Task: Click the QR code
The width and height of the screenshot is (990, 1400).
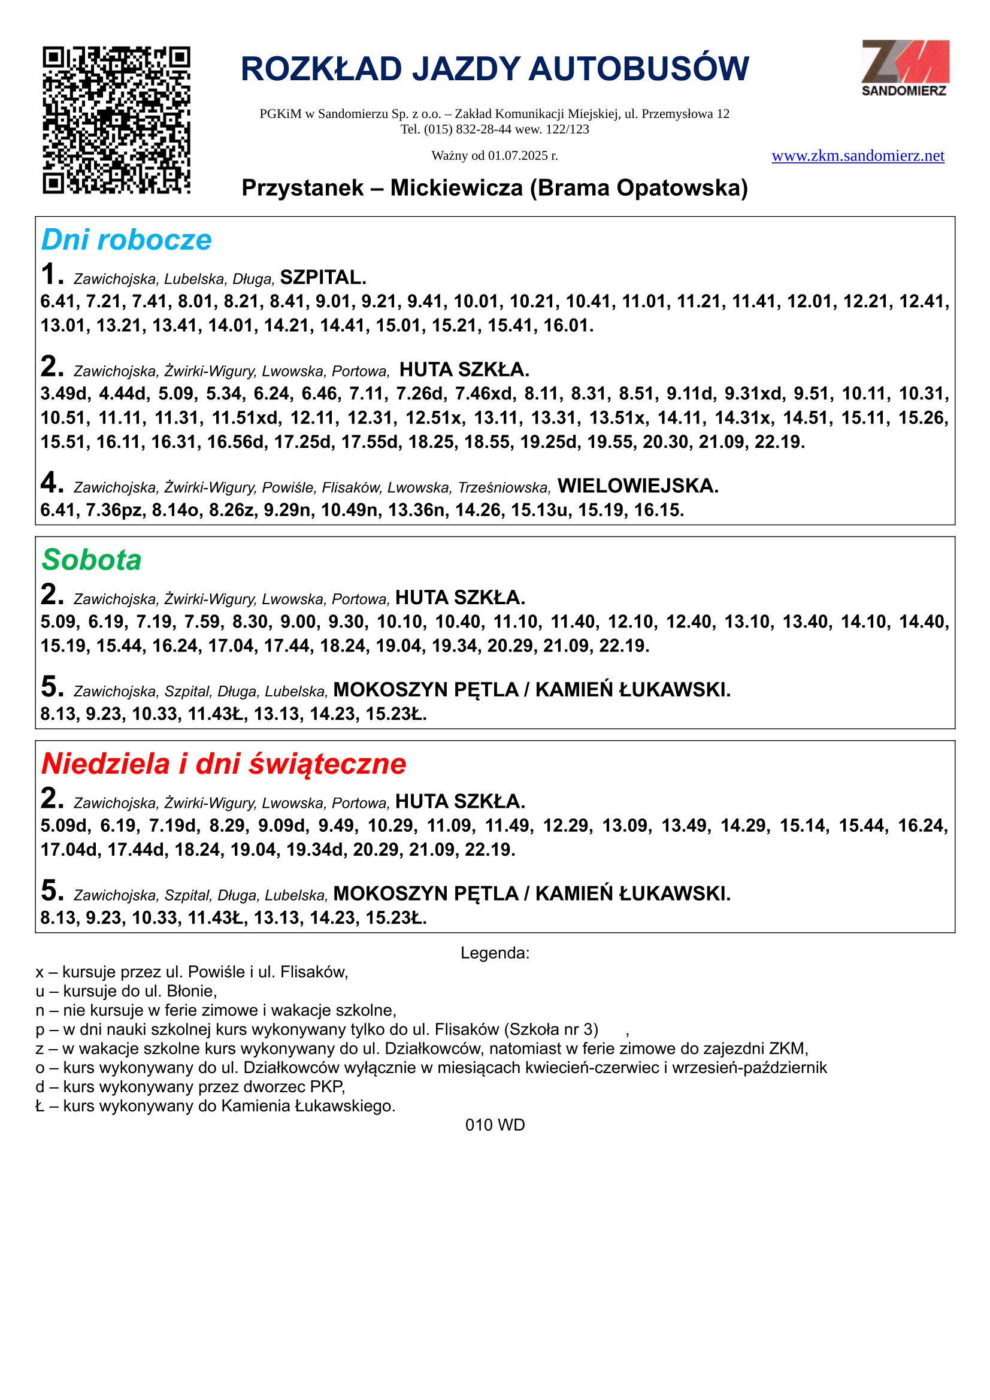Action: tap(116, 120)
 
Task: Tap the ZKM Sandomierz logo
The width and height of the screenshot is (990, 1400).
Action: tap(904, 68)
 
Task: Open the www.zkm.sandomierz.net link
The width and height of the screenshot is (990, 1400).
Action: tap(858, 156)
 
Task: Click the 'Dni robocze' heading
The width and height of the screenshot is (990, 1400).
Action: tap(126, 240)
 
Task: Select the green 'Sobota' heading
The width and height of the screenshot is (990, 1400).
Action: tap(92, 560)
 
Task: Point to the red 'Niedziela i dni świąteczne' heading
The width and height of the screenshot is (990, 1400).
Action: tap(223, 763)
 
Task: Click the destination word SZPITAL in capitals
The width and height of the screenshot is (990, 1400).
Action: tap(323, 278)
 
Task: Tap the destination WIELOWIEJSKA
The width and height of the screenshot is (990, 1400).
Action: tap(637, 486)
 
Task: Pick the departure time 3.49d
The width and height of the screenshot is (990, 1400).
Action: tap(65, 394)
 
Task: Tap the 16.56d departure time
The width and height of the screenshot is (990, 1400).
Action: tap(237, 441)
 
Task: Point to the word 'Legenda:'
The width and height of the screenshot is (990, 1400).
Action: tap(495, 953)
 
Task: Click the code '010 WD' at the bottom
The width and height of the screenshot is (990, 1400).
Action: tap(495, 1125)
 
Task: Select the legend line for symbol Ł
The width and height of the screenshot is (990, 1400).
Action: tap(216, 1106)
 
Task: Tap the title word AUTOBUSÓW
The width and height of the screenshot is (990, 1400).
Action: tap(638, 69)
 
